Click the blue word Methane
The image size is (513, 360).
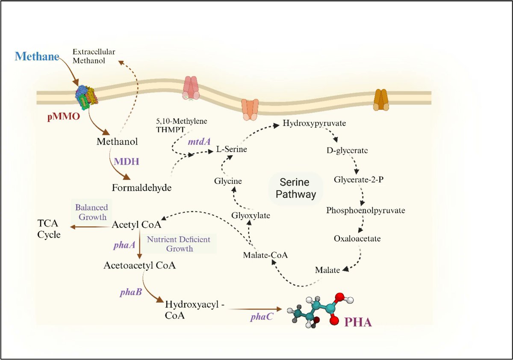coord(37,56)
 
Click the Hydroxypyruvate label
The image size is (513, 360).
coord(314,124)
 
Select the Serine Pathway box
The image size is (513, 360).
coord(296,189)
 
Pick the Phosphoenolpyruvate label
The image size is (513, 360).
coord(366,210)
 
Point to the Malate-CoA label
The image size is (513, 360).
coord(265,255)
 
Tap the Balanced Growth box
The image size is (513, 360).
coord(91,212)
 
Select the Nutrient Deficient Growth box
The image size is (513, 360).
coord(179,243)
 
